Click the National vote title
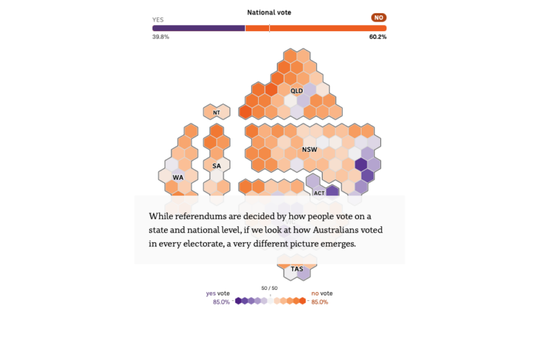(x=269, y=12)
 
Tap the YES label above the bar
(x=158, y=19)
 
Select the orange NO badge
(x=378, y=18)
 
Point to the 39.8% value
(x=160, y=37)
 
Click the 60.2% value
(x=378, y=37)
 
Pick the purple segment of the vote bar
(x=198, y=28)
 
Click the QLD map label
(x=296, y=91)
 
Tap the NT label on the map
(x=217, y=112)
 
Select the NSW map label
(x=309, y=151)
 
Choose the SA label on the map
(x=217, y=166)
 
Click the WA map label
(x=178, y=178)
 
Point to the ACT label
(x=319, y=193)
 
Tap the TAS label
(x=296, y=269)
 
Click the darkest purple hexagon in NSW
(x=361, y=164)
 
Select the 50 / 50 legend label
(x=269, y=288)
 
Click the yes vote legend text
(x=218, y=293)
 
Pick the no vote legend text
(x=322, y=293)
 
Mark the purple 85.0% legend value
(x=221, y=302)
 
